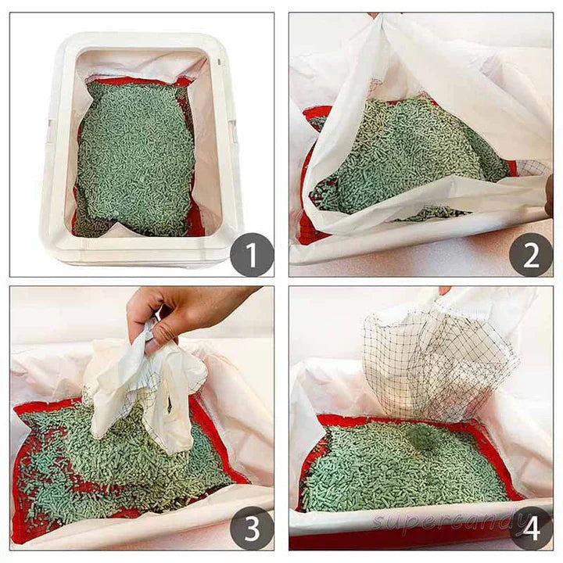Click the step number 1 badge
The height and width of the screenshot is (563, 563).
click(x=252, y=255)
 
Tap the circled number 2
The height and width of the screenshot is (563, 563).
click(x=531, y=255)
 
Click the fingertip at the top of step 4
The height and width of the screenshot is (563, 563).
click(x=445, y=290)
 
